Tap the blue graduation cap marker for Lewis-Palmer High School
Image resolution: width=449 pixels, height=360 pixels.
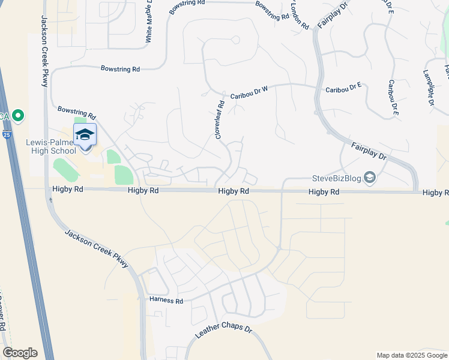coord(85,134)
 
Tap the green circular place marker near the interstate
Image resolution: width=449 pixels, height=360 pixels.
coord(18,115)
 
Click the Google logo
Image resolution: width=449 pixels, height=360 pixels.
coord(20,353)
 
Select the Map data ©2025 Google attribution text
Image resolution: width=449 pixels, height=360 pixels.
coord(411,355)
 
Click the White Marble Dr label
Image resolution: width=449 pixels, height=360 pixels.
coord(148,22)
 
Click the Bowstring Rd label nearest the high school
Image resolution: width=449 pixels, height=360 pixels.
coord(77,112)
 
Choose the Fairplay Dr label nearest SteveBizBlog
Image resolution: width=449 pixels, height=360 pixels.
coord(369,149)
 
